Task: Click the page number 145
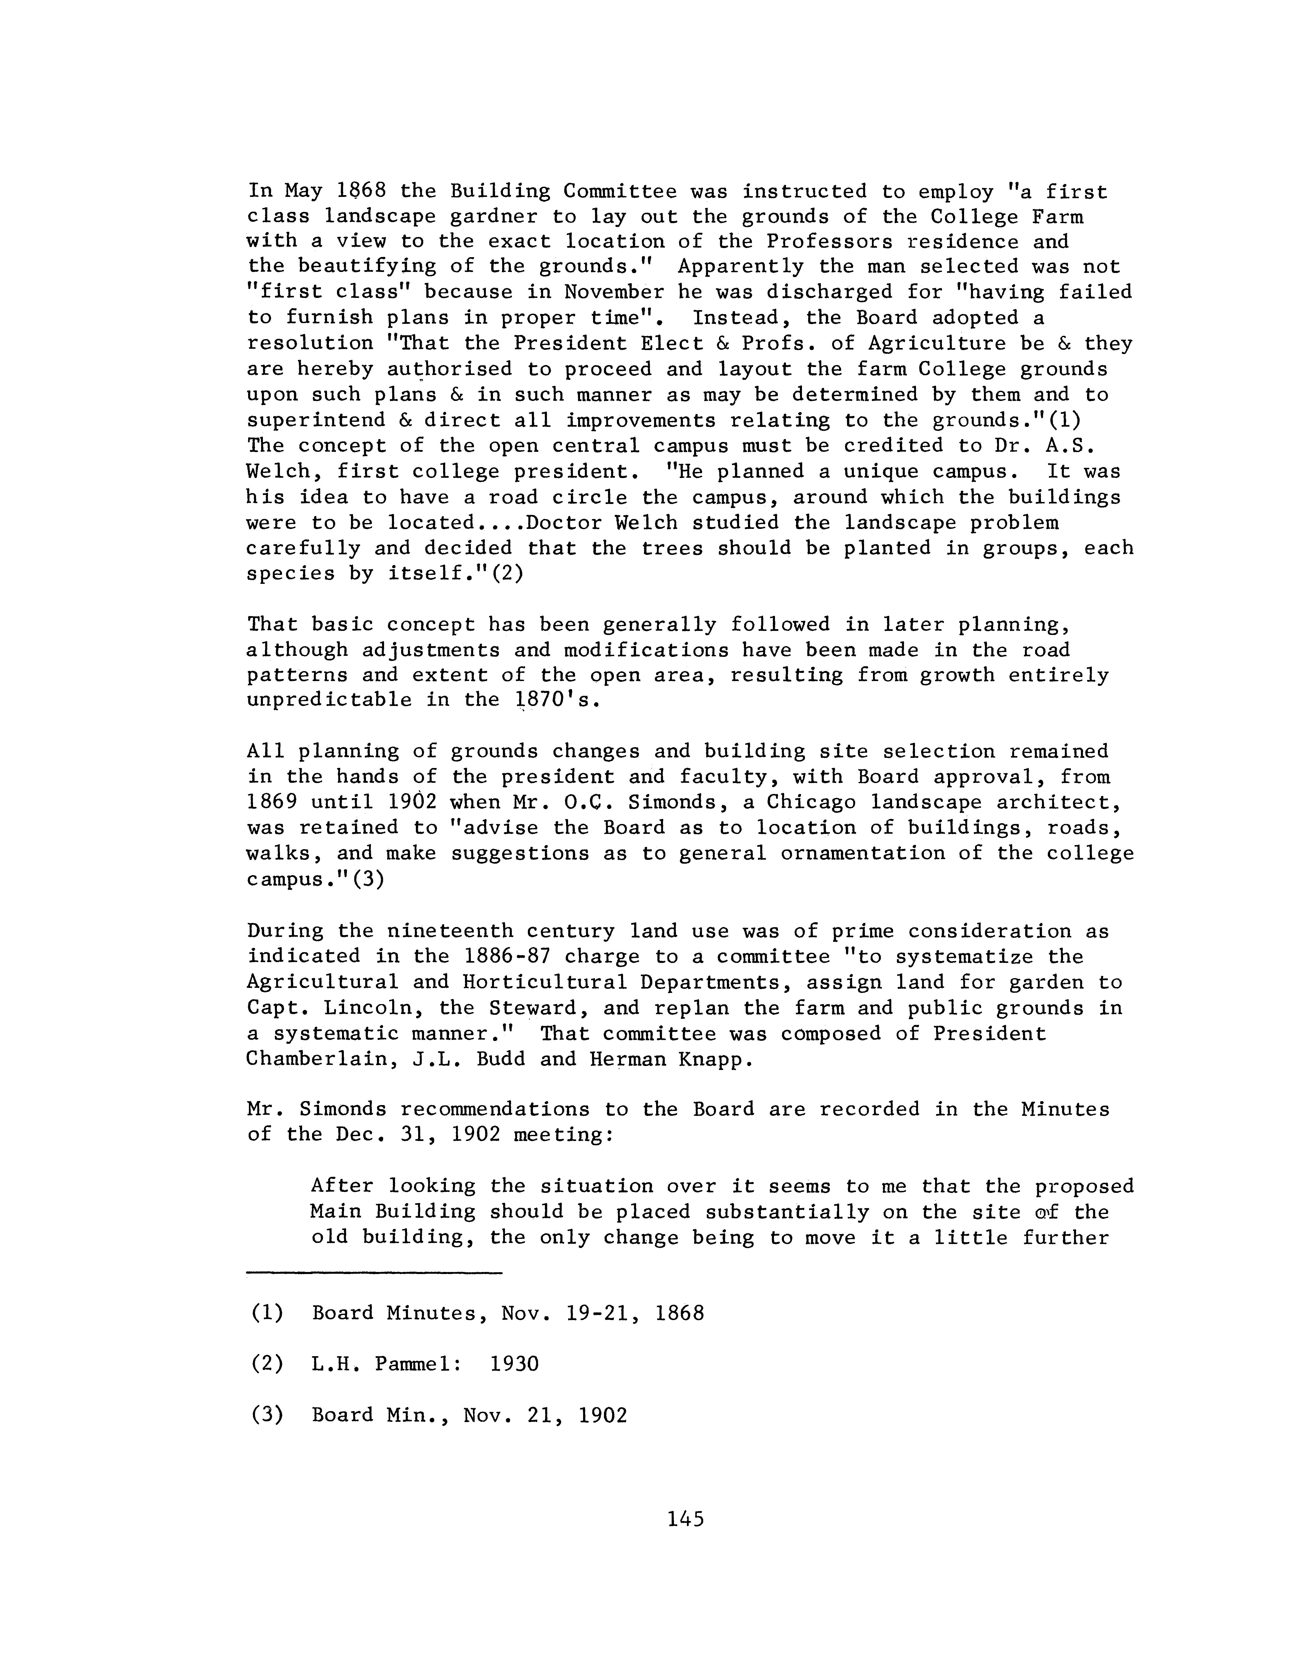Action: (686, 1518)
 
